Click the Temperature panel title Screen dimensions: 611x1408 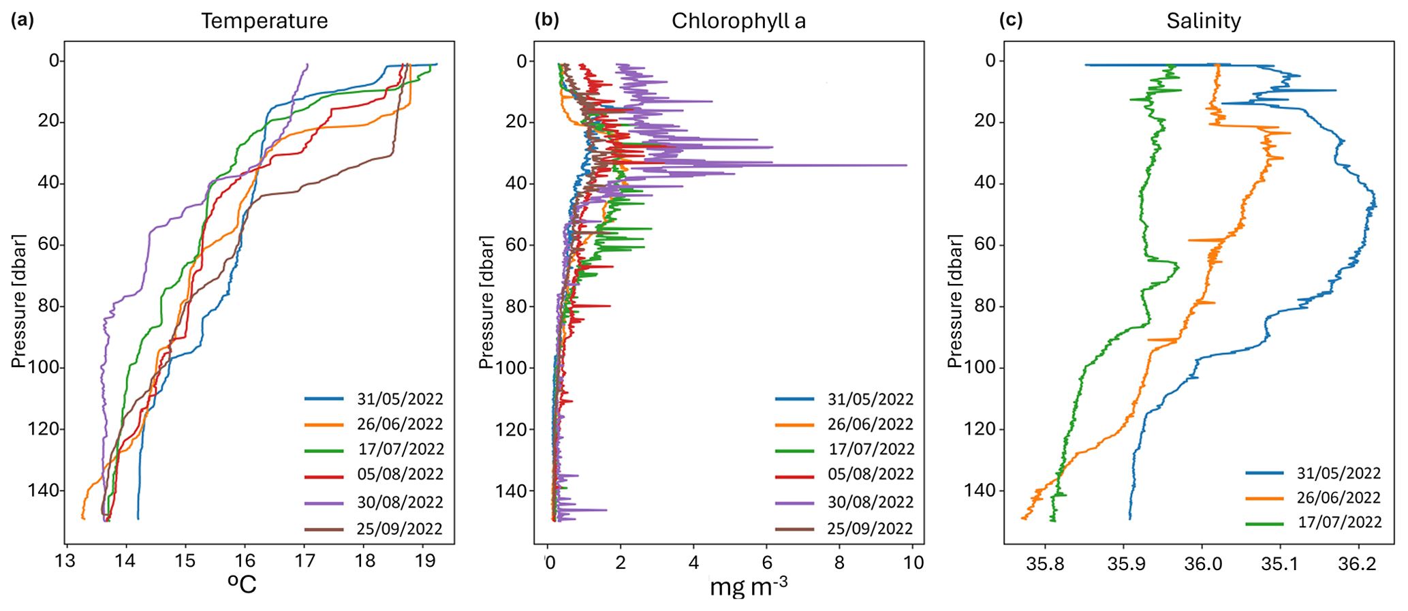(264, 21)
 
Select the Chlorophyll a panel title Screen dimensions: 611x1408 (738, 21)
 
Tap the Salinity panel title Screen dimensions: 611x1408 (1204, 21)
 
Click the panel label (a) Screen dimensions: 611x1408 (22, 20)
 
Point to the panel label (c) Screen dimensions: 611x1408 (1011, 20)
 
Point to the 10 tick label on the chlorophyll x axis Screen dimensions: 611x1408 (913, 563)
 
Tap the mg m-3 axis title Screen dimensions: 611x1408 (749, 586)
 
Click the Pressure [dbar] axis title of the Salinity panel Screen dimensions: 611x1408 (956, 300)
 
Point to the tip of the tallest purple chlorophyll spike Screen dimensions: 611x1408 (907, 165)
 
